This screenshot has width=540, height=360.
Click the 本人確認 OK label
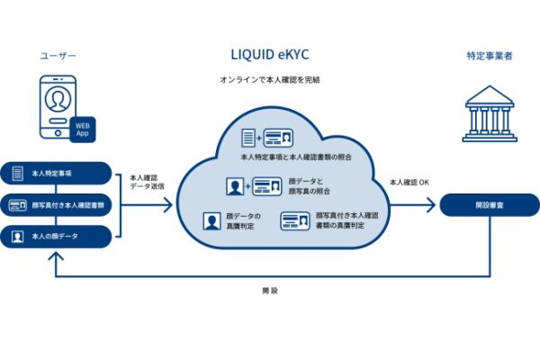pyautogui.click(x=410, y=183)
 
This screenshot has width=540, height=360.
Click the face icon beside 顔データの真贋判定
pyautogui.click(x=211, y=220)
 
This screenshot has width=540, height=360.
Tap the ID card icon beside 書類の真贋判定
pyautogui.click(x=294, y=220)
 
